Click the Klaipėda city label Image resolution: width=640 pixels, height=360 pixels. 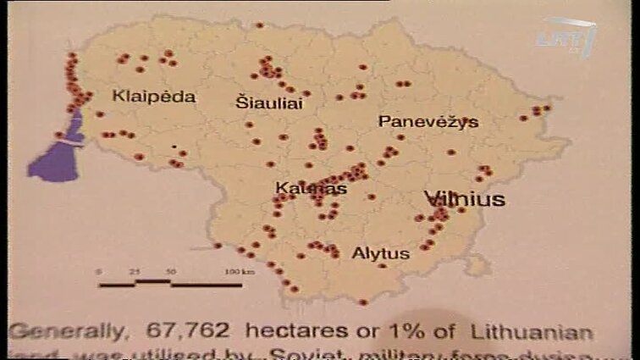tap(153, 97)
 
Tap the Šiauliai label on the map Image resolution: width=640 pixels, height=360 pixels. tap(268, 102)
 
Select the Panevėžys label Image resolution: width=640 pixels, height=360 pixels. tap(428, 122)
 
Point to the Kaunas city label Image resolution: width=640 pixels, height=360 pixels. tap(311, 189)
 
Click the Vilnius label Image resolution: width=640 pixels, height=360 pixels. tap(465, 200)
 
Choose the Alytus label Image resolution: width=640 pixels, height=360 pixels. tap(380, 253)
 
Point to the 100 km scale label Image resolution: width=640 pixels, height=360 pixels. tap(233, 271)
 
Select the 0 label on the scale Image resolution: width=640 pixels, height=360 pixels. tap(100, 271)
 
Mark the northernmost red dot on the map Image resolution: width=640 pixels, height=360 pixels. tap(259, 26)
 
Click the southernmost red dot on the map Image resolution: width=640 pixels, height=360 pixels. tap(362, 302)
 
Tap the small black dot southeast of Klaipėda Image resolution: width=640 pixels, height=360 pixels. tap(174, 146)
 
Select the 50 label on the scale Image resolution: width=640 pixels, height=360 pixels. tap(171, 271)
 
